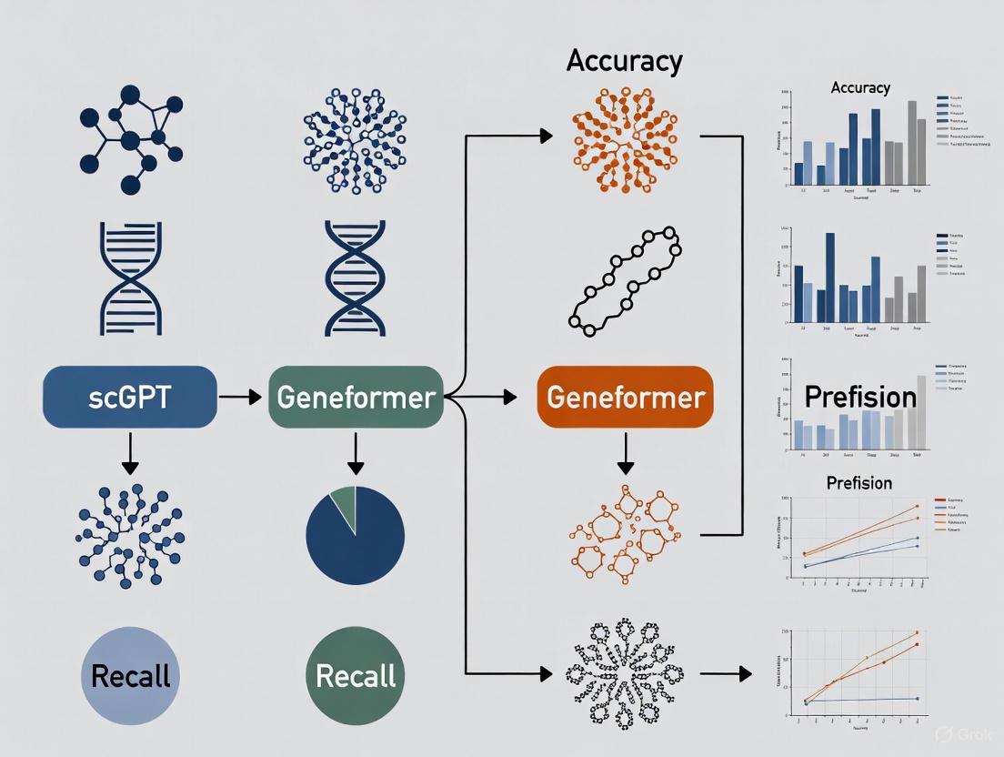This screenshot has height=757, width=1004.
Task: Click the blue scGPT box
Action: tap(130, 397)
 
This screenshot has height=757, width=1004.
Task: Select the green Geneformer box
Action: tap(356, 397)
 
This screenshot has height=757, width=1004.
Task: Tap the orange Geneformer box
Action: tap(626, 397)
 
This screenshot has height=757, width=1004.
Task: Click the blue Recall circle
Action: tap(130, 675)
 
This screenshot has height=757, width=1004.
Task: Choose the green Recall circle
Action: tap(356, 675)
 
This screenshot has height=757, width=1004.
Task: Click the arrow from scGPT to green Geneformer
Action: tap(242, 397)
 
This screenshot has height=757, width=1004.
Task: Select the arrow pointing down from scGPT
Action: tap(130, 452)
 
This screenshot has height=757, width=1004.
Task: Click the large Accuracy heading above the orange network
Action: tap(623, 62)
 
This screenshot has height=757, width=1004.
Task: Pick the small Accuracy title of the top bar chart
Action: tap(860, 88)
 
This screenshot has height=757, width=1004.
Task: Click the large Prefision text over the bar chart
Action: tap(860, 397)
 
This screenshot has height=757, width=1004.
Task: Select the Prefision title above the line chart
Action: tap(858, 482)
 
